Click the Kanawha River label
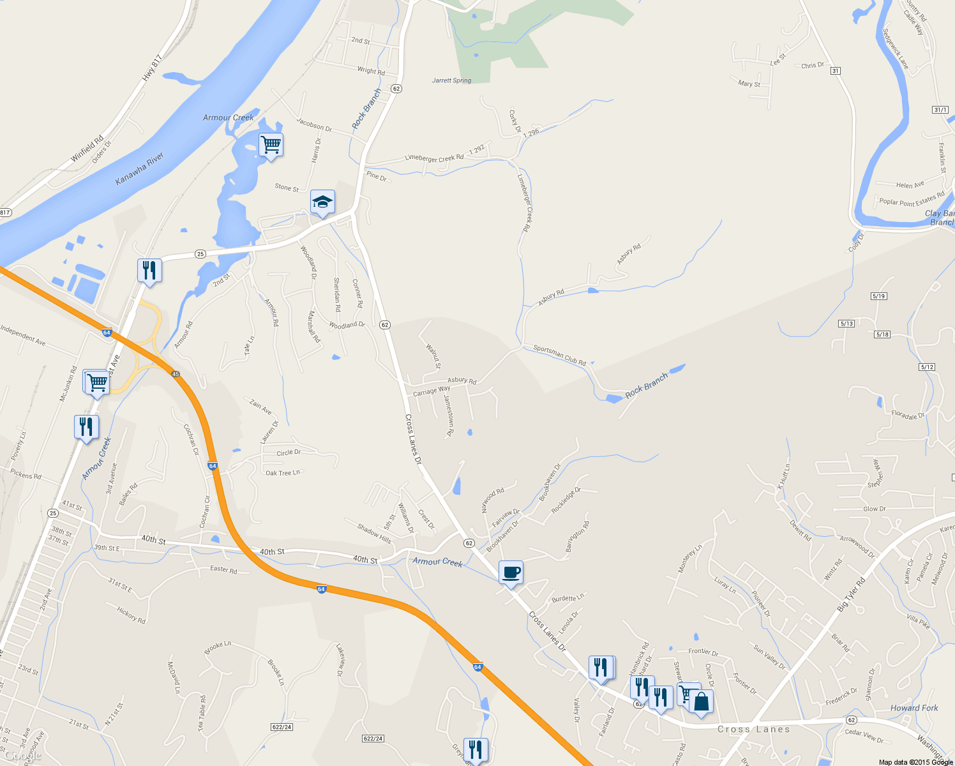139,169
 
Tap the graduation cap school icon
322,202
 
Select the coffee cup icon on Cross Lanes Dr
511,572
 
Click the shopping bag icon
701,702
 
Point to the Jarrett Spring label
451,80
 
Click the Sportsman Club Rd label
559,356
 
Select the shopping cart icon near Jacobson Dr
271,145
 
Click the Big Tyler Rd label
851,595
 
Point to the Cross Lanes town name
753,729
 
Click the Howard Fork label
914,708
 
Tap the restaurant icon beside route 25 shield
149,270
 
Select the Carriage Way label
432,391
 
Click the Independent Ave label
23,335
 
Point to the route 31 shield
836,71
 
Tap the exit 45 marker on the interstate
176,374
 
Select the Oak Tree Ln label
283,473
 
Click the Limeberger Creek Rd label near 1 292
434,158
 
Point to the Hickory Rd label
132,615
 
